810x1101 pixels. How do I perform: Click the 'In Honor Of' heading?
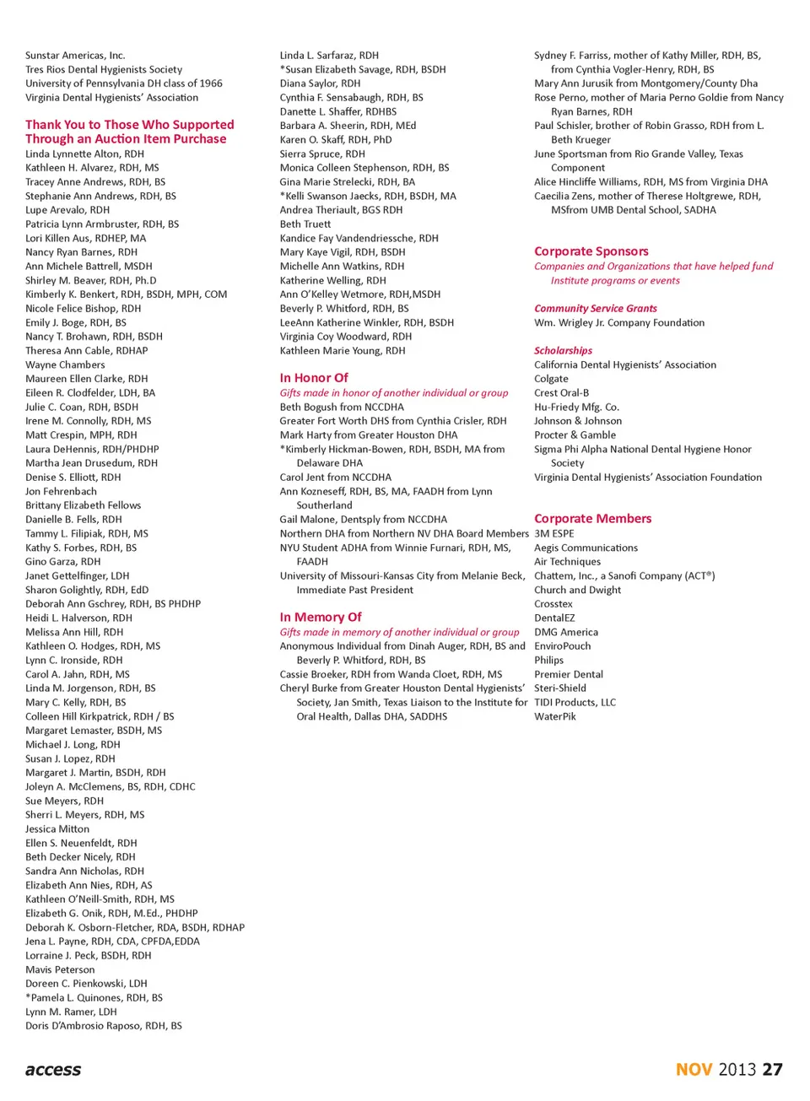(313, 378)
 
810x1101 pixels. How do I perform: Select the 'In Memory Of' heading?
(321, 618)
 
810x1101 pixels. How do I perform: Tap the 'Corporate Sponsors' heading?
(591, 251)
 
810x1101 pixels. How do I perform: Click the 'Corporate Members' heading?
(592, 519)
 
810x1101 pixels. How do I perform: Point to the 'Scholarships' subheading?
(563, 351)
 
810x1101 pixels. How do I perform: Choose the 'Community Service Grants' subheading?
(595, 309)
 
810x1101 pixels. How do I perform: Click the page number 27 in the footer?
(772, 1070)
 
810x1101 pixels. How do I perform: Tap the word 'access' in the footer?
(53, 1070)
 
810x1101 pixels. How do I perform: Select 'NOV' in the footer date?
(694, 1070)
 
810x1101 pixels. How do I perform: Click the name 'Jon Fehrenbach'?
(61, 492)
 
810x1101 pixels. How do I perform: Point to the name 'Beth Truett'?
(305, 224)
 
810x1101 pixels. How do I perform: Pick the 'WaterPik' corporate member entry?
(555, 717)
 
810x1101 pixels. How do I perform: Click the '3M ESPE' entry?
(553, 534)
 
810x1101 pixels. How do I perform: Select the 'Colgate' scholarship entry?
(551, 379)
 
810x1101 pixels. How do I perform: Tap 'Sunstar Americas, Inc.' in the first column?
(75, 56)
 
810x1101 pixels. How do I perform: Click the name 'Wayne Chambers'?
(65, 365)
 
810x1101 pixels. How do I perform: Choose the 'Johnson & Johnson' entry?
(577, 421)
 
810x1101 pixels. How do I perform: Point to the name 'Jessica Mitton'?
(57, 829)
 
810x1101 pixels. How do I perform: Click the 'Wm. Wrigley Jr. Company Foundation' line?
(618, 323)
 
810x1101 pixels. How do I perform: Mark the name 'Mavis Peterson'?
(60, 970)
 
